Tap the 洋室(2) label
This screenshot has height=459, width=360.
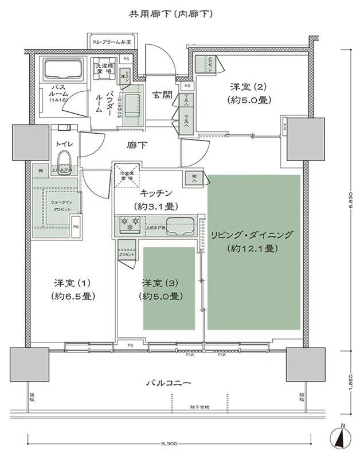249,87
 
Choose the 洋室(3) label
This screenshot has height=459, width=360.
161,283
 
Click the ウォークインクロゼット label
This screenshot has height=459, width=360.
56,206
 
